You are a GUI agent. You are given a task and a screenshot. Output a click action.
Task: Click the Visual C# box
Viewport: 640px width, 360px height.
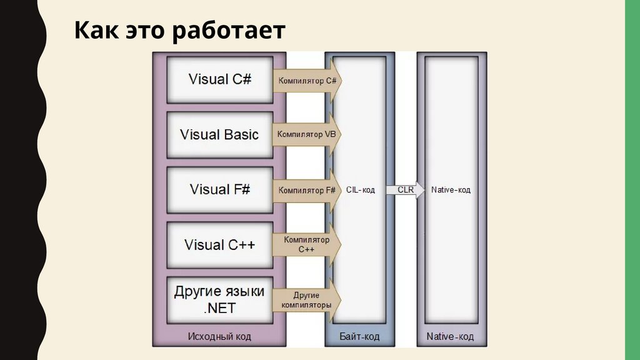click(x=219, y=79)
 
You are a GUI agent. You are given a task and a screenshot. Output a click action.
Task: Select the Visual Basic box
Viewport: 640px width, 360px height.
click(x=219, y=134)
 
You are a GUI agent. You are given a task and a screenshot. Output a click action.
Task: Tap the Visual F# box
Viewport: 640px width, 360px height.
click(x=219, y=189)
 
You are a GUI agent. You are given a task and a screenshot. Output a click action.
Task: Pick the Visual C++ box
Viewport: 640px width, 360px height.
click(x=219, y=244)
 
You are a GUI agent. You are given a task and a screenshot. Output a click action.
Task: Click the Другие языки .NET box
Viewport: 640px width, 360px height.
click(x=219, y=299)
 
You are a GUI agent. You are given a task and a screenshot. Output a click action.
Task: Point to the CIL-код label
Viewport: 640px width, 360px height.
click(x=361, y=189)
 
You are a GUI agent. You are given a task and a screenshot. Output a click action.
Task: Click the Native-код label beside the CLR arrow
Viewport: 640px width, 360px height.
click(x=451, y=189)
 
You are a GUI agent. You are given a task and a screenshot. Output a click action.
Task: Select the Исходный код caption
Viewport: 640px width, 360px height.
click(x=219, y=337)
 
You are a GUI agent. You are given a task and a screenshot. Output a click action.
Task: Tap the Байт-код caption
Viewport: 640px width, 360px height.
click(x=359, y=337)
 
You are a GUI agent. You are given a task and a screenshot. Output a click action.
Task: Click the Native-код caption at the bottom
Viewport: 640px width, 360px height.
click(x=450, y=337)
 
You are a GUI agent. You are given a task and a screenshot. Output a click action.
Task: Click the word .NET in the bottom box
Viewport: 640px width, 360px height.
click(x=219, y=307)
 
